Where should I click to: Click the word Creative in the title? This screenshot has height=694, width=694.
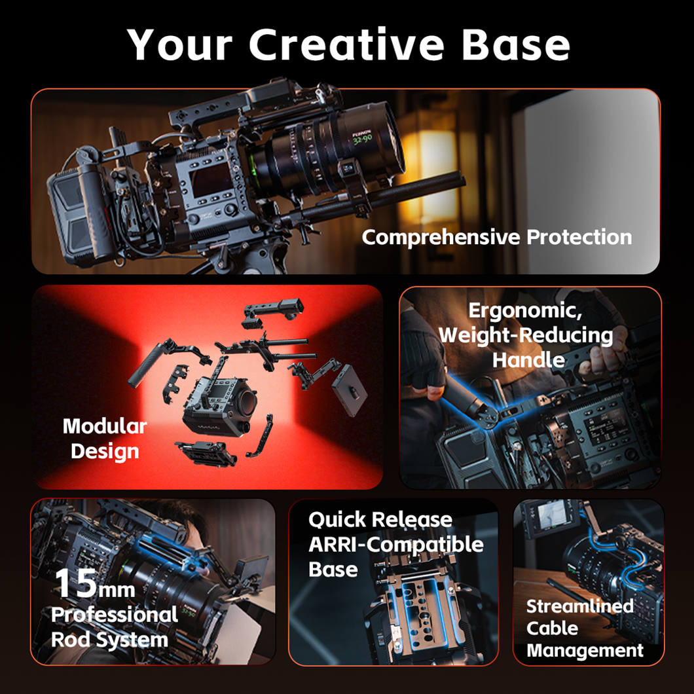pyautogui.click(x=346, y=45)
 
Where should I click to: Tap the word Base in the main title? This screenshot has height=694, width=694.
pyautogui.click(x=516, y=45)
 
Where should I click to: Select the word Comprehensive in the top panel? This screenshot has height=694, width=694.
pyautogui.click(x=441, y=237)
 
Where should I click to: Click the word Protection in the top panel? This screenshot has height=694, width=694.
pyautogui.click(x=579, y=237)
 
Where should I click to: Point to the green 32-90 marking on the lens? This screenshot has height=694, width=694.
pyautogui.click(x=363, y=140)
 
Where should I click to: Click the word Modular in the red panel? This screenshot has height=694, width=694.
pyautogui.click(x=105, y=426)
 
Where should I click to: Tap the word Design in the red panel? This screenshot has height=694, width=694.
pyautogui.click(x=105, y=452)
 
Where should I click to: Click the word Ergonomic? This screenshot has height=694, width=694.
pyautogui.click(x=525, y=311)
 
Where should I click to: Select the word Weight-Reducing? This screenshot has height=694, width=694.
pyautogui.click(x=526, y=335)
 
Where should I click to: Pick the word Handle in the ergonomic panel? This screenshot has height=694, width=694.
pyautogui.click(x=528, y=359)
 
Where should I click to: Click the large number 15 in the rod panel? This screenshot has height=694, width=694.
pyautogui.click(x=76, y=583)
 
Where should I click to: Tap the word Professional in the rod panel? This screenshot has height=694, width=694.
pyautogui.click(x=115, y=615)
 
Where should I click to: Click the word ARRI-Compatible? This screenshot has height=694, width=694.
pyautogui.click(x=396, y=545)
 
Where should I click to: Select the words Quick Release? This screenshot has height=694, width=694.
pyautogui.click(x=380, y=520)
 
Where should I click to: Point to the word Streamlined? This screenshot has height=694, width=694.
pyautogui.click(x=580, y=606)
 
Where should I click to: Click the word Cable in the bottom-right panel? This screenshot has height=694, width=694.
pyautogui.click(x=552, y=629)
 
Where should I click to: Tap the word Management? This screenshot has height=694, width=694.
pyautogui.click(x=585, y=651)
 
